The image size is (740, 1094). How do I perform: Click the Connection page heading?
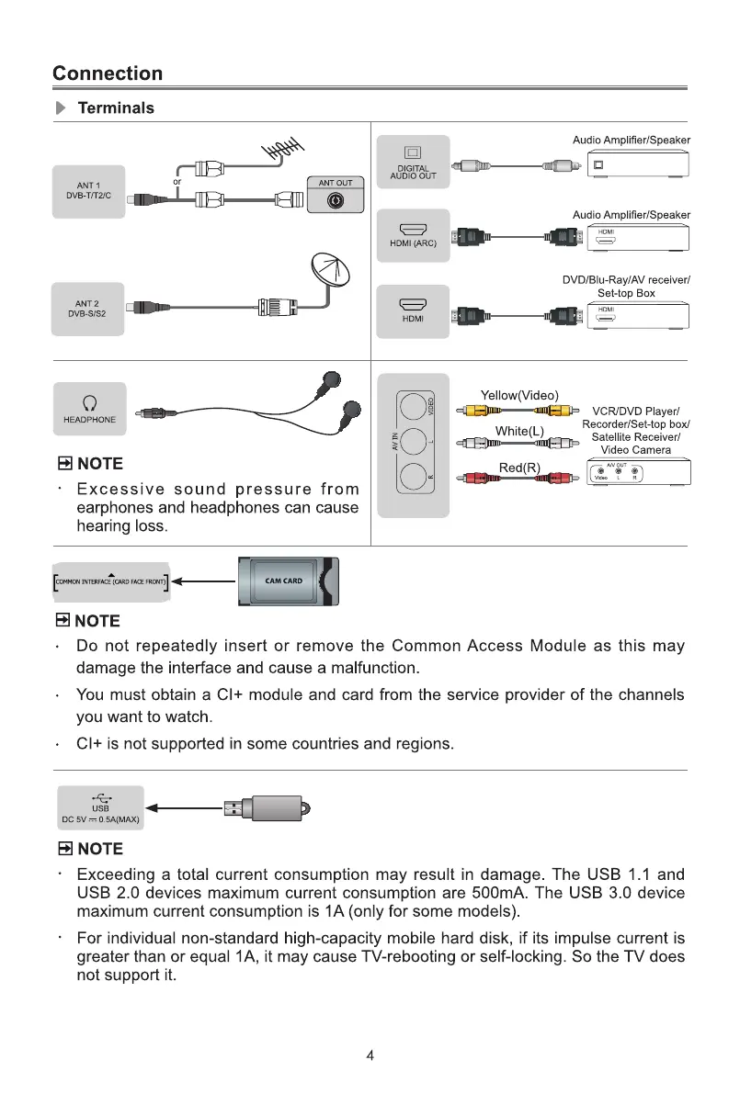coord(108,73)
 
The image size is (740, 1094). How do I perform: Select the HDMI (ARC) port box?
coord(413,234)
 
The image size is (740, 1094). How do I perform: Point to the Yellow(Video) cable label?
coord(519,395)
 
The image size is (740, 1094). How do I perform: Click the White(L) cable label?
coord(519,432)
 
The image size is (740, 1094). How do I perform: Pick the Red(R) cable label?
coord(518,468)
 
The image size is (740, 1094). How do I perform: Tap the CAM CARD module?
coord(287,581)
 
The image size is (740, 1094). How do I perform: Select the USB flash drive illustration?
coord(270,808)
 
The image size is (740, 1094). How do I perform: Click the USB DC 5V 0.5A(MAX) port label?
coord(101,808)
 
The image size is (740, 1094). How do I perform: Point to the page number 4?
coord(370,1055)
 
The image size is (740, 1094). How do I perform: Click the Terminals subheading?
coord(116,108)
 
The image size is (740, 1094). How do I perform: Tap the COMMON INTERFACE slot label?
coord(109,581)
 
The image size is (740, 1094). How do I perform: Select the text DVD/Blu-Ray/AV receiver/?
coord(626,279)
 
